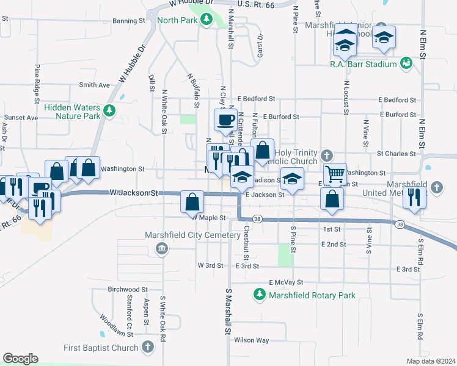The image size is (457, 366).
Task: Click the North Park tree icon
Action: tap(207, 20)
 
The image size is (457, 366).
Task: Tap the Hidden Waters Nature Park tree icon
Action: tap(109, 110)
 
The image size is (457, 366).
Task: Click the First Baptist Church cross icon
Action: tap(147, 347)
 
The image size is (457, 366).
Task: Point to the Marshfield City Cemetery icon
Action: tap(162, 248)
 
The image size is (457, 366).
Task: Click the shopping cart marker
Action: tap(334, 174)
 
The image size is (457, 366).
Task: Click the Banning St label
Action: tap(128, 21)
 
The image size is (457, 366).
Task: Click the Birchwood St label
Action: tap(128, 289)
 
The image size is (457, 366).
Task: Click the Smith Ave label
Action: tap(94, 85)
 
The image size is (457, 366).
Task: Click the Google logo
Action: tap(20, 359)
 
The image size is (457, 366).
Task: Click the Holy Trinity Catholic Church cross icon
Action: tap(327, 156)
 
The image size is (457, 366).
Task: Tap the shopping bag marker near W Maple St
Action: tap(192, 201)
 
